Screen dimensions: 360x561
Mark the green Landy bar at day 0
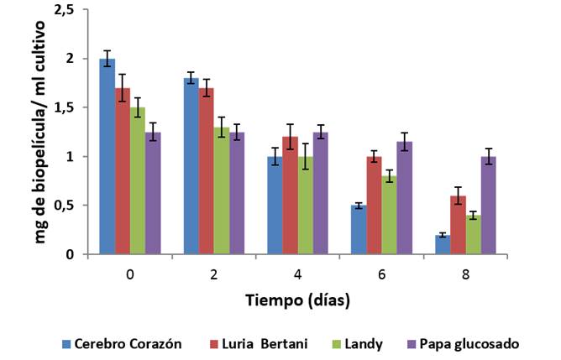[x=138, y=180]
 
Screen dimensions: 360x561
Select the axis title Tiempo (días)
[x=297, y=300]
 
